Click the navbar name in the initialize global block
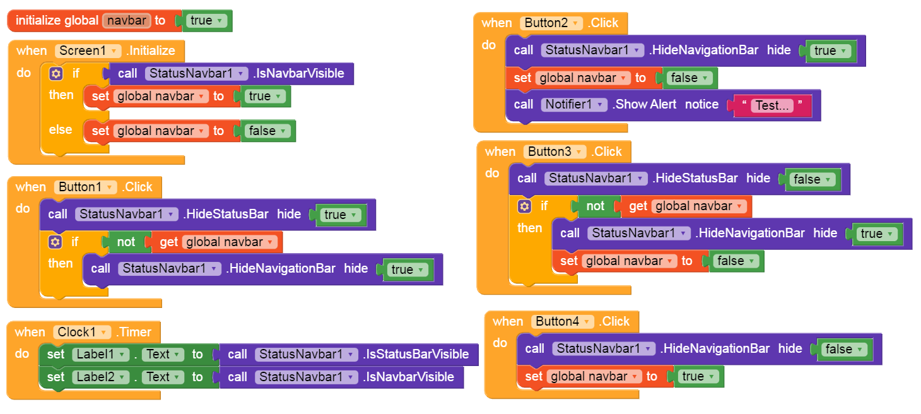click(126, 20)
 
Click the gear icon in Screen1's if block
click(56, 74)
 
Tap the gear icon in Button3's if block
click(524, 206)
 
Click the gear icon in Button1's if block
click(56, 242)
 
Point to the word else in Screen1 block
click(61, 129)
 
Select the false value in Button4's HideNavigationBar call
click(843, 349)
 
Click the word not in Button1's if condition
click(126, 242)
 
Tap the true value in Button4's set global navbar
click(697, 376)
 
